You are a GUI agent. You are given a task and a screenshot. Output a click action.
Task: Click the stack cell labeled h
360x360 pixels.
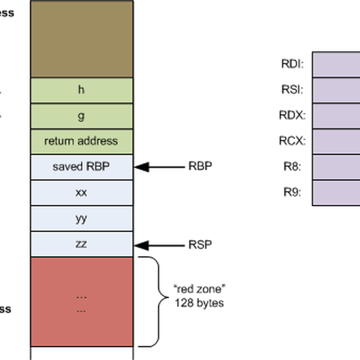coord(82,90)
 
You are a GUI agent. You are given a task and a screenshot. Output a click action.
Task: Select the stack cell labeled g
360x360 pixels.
coord(82,116)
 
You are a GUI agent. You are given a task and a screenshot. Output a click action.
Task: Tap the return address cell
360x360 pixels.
coord(82,141)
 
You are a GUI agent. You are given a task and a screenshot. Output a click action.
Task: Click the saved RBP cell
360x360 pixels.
coord(82,167)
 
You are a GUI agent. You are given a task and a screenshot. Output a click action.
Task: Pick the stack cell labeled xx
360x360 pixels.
coord(82,193)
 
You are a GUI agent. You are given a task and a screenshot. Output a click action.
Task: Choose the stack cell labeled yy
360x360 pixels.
coord(82,218)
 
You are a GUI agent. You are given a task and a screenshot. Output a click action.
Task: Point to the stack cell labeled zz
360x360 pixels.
coord(82,244)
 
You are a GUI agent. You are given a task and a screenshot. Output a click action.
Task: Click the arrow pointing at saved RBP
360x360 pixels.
coord(159,167)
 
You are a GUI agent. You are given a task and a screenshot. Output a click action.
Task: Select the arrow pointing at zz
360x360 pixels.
coord(159,244)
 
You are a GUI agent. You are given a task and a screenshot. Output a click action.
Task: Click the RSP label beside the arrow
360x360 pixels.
coord(199,244)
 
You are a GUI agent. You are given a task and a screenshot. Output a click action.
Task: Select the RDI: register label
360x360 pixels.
coord(293,64)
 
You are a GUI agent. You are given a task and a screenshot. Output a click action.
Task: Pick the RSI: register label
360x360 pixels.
coord(293,89)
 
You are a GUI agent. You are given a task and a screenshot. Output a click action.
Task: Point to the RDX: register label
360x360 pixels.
coord(293,115)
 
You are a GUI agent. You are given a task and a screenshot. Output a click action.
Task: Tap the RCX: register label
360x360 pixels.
coord(293,141)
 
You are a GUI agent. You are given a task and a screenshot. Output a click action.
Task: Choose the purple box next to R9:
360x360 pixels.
coord(336,193)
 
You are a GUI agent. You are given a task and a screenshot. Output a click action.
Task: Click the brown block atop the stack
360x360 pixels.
coord(82,38)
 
